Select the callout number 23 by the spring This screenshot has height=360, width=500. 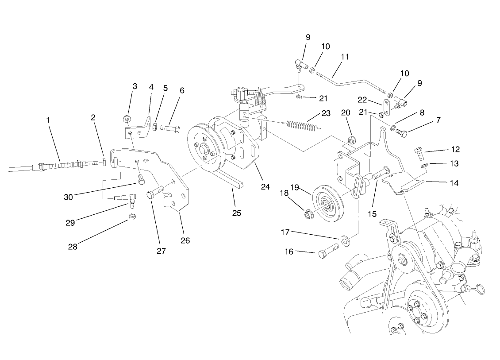click(326, 113)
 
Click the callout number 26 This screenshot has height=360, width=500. click(185, 240)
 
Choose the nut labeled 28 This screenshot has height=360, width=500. click(131, 217)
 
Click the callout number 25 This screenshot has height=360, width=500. click(237, 213)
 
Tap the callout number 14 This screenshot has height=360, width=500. click(455, 182)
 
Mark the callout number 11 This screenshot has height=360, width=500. click(345, 57)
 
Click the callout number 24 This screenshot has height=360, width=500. click(265, 186)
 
